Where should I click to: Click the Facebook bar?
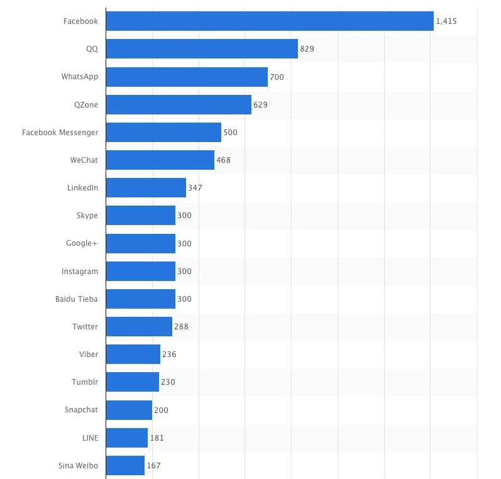[270, 21]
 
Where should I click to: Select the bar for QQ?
[202, 49]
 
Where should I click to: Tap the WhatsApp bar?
[187, 77]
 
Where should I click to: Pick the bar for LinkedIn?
[146, 188]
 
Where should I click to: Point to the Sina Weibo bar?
[125, 466]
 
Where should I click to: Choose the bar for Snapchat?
[129, 410]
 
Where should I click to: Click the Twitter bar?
[139, 327]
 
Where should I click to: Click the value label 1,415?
[446, 21]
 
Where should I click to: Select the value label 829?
[307, 49]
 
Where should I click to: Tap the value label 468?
[223, 160]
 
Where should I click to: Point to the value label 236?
[169, 355]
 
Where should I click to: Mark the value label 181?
[157, 438]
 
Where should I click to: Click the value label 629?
[260, 105]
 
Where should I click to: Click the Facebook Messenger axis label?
[60, 133]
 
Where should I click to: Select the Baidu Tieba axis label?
[77, 299]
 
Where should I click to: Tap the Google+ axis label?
[82, 243]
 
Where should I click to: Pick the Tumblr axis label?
[85, 382]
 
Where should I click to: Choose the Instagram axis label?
[80, 272]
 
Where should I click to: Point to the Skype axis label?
[87, 216]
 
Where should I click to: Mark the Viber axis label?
[89, 355]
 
